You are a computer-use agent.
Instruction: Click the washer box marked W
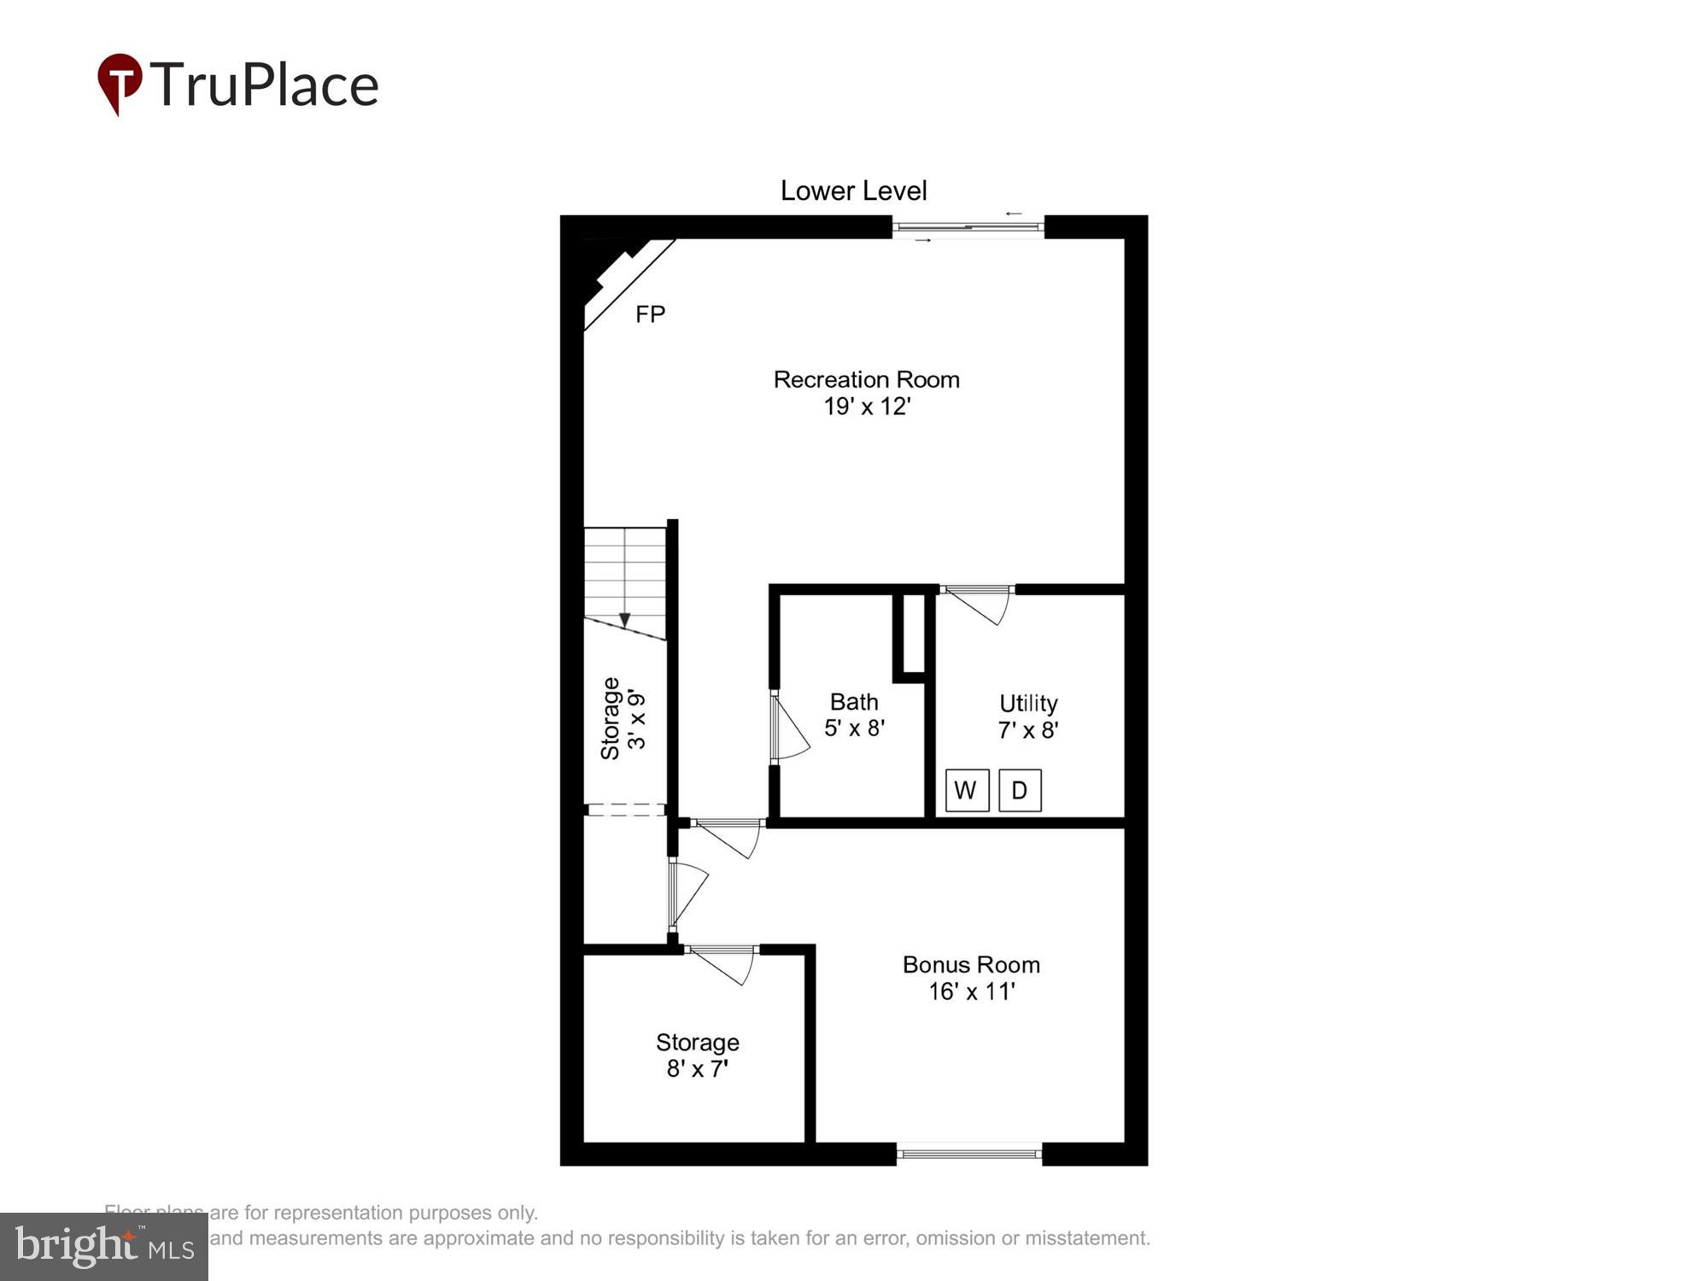967,790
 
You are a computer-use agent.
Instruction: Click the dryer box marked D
1020,790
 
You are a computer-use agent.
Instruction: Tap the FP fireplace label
650,315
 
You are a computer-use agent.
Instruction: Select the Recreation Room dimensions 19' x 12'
867,407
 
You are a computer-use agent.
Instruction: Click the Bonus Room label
971,965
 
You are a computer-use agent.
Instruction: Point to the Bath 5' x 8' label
854,715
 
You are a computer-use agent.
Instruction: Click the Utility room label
1028,704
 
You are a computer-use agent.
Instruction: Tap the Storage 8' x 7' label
697,1056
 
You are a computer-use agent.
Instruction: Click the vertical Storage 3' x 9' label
623,719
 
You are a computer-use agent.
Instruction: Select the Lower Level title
853,190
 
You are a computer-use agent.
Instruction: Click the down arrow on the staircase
624,619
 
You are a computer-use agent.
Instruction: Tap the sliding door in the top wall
968,227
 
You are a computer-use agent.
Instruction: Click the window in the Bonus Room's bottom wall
969,1154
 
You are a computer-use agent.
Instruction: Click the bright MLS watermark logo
104,1247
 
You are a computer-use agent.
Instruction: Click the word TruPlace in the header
265,85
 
